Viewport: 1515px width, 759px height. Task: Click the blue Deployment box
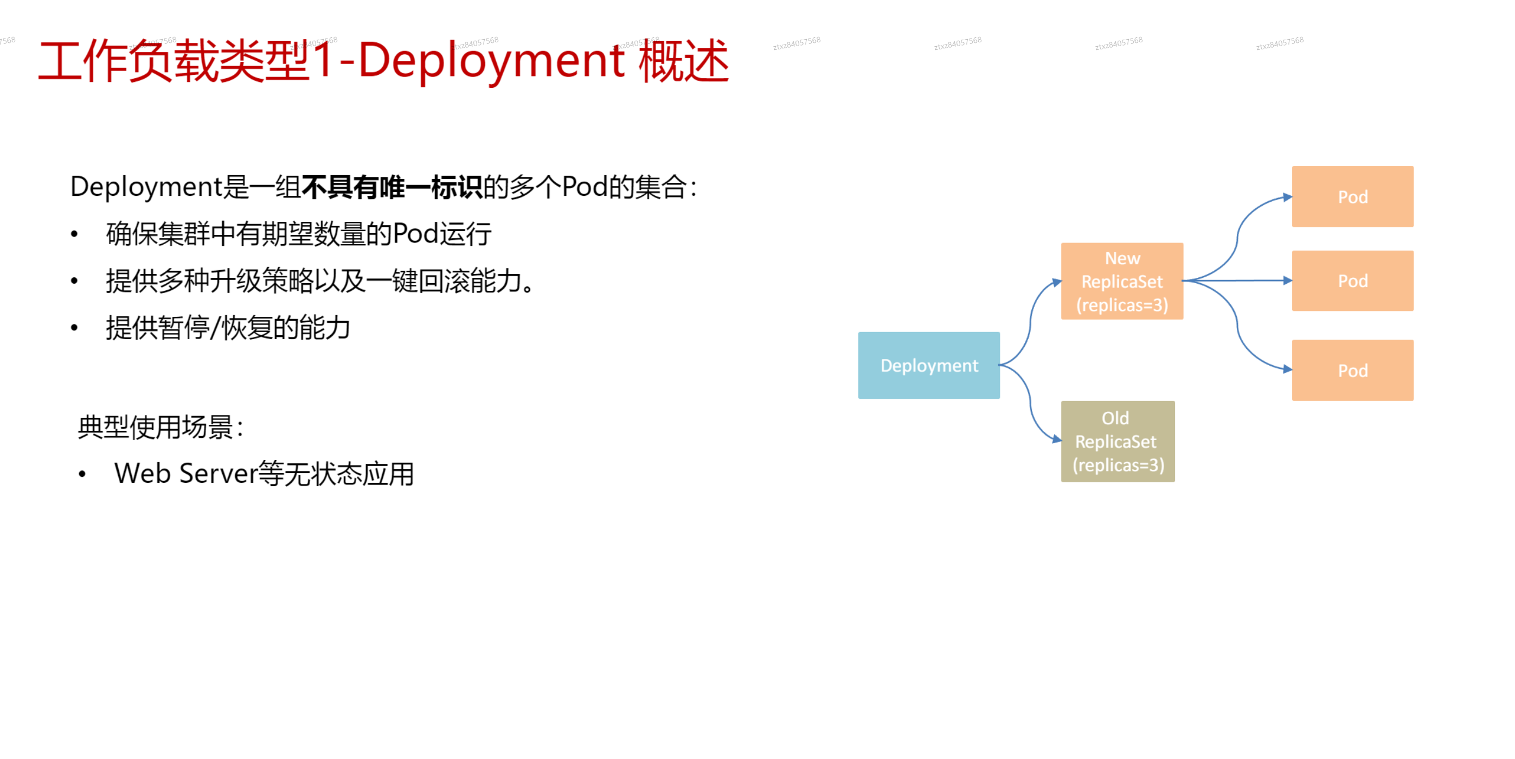[929, 365]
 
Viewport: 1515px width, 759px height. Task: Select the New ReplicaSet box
[1122, 281]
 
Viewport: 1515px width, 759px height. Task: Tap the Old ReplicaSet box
[1118, 441]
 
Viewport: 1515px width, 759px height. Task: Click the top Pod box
[1353, 196]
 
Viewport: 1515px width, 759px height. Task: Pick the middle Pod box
[1353, 280]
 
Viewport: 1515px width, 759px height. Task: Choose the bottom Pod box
[1353, 370]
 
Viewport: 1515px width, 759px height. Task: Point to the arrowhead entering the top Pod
[1287, 197]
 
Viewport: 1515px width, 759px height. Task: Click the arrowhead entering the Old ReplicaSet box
[1057, 439]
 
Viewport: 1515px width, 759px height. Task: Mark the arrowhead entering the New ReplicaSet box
[1057, 283]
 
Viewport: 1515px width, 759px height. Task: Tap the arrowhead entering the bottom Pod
[1287, 369]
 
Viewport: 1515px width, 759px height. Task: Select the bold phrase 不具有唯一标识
[391, 187]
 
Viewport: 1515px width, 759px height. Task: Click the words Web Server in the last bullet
[186, 474]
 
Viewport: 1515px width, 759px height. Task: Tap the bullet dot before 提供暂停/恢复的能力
[74, 328]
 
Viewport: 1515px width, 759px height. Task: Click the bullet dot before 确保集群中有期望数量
[74, 234]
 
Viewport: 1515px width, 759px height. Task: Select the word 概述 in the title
[684, 61]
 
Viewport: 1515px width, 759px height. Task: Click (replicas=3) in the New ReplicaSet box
[1122, 305]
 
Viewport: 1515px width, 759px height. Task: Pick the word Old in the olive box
[1115, 418]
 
